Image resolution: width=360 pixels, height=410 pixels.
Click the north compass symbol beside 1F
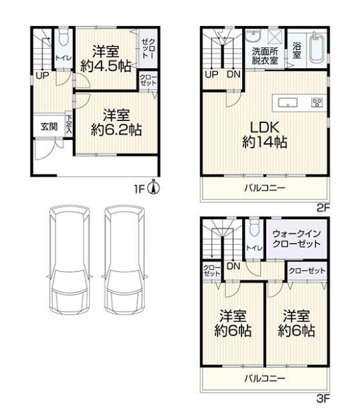point(154,187)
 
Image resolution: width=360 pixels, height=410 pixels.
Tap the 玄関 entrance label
point(49,126)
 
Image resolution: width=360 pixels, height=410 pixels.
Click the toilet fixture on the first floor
point(63,37)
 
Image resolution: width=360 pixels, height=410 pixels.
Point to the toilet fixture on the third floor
point(254,228)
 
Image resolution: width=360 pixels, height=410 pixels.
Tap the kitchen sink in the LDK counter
point(288,103)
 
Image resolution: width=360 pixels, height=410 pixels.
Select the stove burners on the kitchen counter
point(317,102)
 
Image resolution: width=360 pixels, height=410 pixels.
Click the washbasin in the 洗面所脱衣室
point(253,36)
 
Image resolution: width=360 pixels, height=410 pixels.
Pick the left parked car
point(70,260)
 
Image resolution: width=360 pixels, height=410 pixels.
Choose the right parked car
point(124,260)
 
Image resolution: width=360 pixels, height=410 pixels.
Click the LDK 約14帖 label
point(264,135)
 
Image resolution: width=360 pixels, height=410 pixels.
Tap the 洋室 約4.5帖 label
point(106,59)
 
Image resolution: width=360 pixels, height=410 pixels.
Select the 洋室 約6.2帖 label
point(116,122)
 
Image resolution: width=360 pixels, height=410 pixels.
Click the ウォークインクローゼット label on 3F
point(296,239)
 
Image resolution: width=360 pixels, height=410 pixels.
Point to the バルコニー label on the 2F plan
point(264,188)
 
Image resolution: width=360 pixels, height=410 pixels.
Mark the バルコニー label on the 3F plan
point(264,379)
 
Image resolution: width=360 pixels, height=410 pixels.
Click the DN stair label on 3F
point(234,266)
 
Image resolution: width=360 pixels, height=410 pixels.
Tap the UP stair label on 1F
point(42,76)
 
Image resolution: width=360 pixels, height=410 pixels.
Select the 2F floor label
point(323,208)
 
